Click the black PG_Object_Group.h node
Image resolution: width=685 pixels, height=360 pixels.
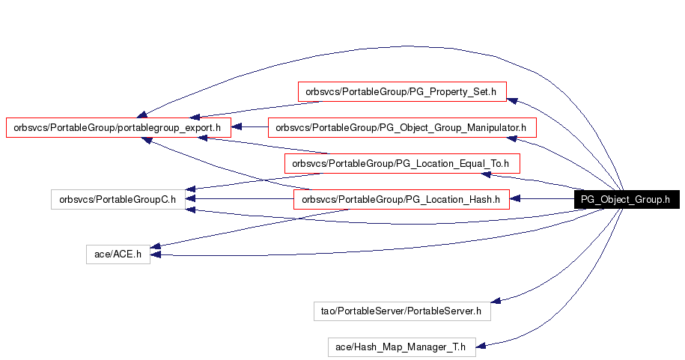pyautogui.click(x=627, y=199)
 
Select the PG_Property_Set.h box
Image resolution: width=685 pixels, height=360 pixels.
pyautogui.click(x=402, y=92)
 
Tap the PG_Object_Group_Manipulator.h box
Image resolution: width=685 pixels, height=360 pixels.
pyautogui.click(x=402, y=127)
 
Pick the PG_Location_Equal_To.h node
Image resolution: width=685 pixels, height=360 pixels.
pyautogui.click(x=402, y=163)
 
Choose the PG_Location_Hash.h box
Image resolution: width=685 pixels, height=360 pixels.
pyautogui.click(x=401, y=199)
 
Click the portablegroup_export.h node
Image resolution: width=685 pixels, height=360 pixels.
pyautogui.click(x=118, y=127)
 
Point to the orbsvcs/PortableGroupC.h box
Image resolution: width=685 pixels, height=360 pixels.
pyautogui.click(x=118, y=199)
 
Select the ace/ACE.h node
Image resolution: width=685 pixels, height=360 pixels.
pyautogui.click(x=118, y=254)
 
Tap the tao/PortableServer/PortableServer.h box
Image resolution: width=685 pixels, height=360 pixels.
pyautogui.click(x=402, y=311)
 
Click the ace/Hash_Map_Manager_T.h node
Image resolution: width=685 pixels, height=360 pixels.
pyautogui.click(x=402, y=347)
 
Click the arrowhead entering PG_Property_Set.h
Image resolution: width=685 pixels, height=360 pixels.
pyautogui.click(x=512, y=101)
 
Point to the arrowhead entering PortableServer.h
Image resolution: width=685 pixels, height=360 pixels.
pyautogui.click(x=496, y=301)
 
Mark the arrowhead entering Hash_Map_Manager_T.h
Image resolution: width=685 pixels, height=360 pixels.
pyautogui.click(x=481, y=346)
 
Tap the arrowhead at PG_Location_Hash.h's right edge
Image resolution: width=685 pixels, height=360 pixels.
pyautogui.click(x=515, y=199)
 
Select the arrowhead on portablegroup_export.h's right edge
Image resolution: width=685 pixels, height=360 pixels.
pyautogui.click(x=237, y=127)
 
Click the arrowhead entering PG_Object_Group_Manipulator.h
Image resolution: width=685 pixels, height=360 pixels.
pyautogui.click(x=511, y=139)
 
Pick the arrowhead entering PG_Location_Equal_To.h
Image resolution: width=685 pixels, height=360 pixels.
pyautogui.click(x=486, y=174)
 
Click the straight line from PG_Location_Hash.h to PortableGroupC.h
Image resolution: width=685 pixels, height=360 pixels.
pyautogui.click(x=240, y=199)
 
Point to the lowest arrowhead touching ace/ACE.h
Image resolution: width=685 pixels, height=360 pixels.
pyautogui.click(x=156, y=254)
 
